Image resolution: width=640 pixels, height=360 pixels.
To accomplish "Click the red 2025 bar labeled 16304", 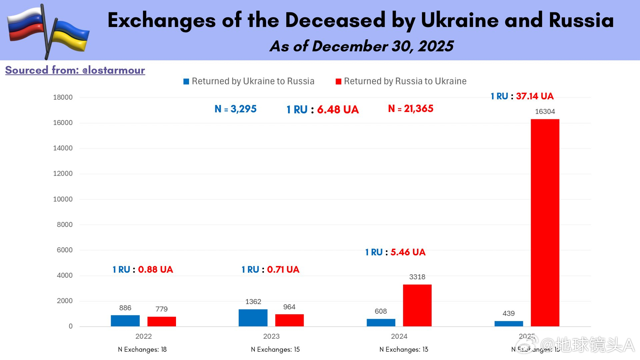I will click(x=545, y=222).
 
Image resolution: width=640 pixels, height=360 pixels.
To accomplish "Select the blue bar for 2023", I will click(x=253, y=318).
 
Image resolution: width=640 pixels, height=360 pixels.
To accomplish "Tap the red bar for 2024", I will click(x=417, y=305).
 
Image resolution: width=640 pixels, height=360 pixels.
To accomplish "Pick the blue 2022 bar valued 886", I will click(x=125, y=320).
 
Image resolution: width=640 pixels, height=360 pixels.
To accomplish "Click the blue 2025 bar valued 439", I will click(x=509, y=323).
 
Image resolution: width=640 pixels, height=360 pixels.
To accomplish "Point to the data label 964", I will click(x=289, y=307).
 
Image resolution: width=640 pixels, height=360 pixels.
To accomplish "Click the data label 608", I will click(x=381, y=311).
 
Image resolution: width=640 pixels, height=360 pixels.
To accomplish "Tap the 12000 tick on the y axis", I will click(x=63, y=174).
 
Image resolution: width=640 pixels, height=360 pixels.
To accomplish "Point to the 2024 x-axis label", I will click(x=399, y=336).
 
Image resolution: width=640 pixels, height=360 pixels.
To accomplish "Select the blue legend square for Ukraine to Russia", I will click(x=186, y=82).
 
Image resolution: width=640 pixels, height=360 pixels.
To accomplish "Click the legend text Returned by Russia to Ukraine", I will click(x=405, y=81).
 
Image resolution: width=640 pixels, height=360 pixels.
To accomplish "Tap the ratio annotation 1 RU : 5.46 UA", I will click(x=395, y=252).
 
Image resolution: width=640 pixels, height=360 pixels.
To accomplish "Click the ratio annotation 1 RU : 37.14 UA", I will click(x=522, y=96).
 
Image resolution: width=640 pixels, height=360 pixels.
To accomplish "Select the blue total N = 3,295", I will click(x=235, y=109).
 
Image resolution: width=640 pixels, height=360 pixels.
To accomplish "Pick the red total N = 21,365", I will click(x=411, y=109).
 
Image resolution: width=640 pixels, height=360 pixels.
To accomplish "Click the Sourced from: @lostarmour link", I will click(x=75, y=70).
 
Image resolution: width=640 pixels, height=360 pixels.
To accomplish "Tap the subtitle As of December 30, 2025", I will click(x=361, y=46).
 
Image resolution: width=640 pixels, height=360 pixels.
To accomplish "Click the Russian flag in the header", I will click(x=25, y=25).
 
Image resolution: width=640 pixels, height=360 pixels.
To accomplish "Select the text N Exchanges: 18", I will click(x=142, y=349).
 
